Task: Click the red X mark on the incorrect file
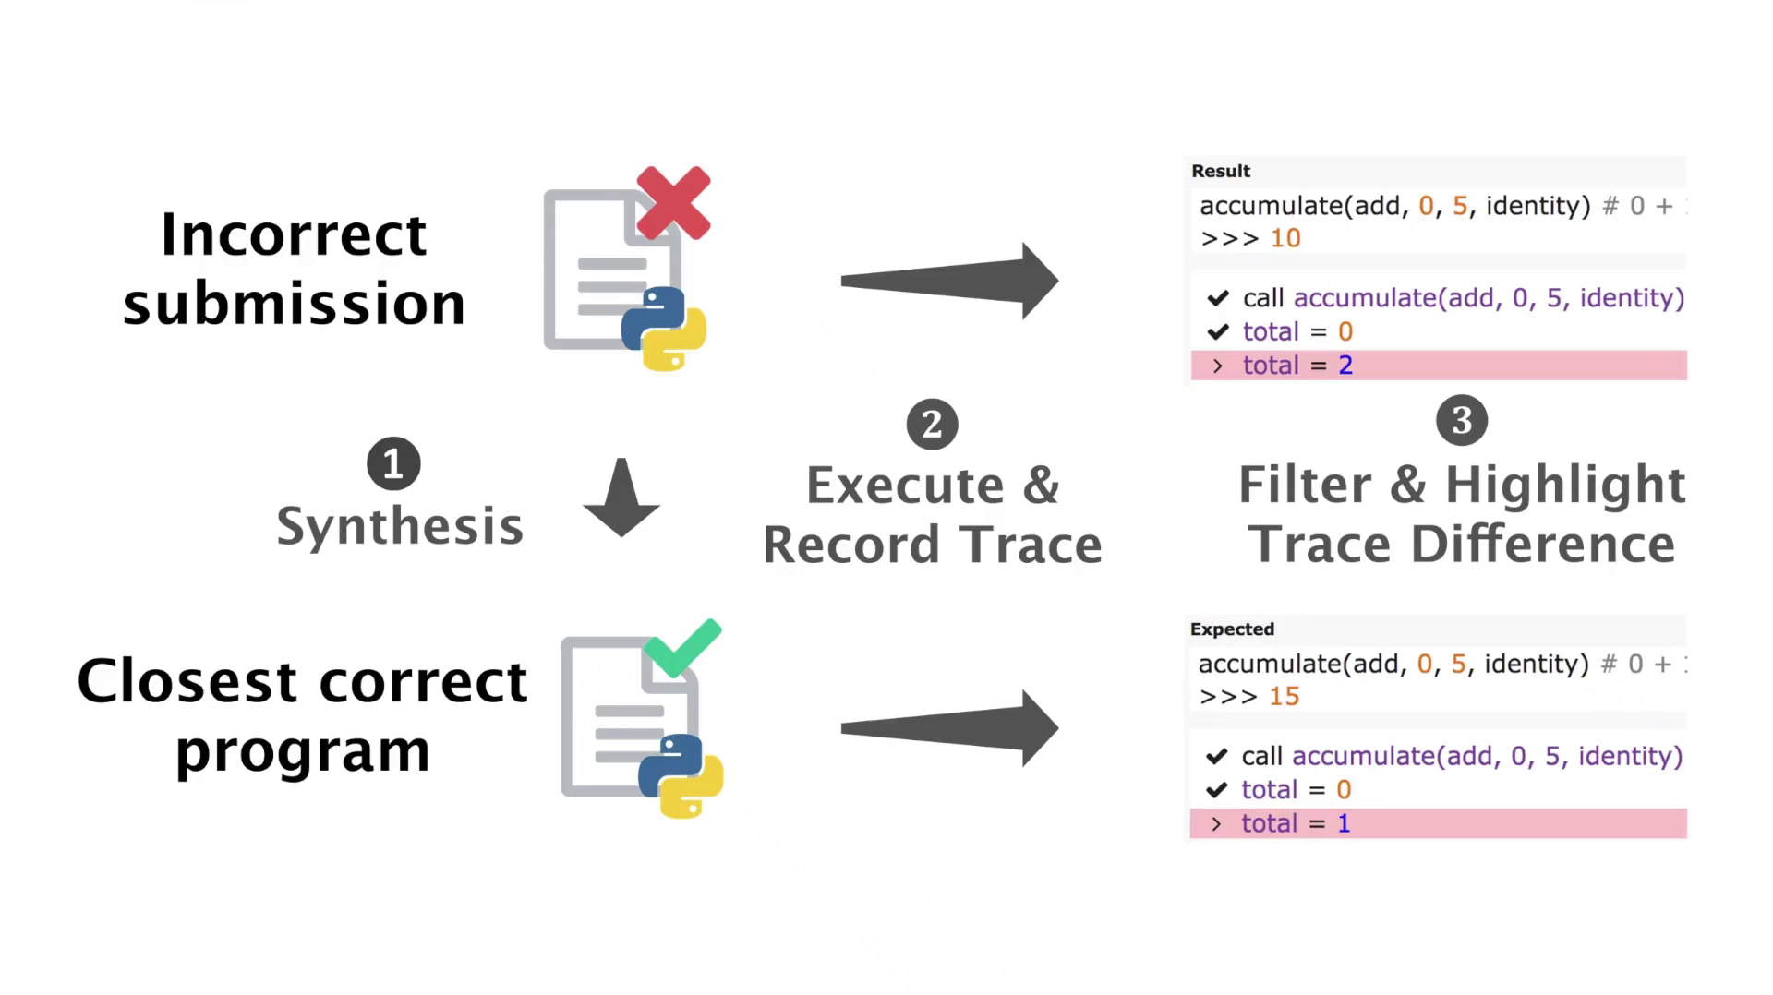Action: (x=673, y=203)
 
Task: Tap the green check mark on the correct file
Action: (x=682, y=649)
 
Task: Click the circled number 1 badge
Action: (x=393, y=463)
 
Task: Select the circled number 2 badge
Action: (x=932, y=425)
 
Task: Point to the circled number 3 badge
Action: (x=1462, y=420)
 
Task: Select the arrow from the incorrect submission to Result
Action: (x=949, y=281)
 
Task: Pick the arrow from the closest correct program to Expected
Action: (x=949, y=728)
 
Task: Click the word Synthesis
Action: (x=400, y=527)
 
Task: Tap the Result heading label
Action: (x=1221, y=171)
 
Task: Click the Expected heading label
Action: (x=1232, y=629)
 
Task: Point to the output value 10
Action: (x=1285, y=238)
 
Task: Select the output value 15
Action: (x=1284, y=696)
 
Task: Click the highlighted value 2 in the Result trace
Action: (x=1345, y=366)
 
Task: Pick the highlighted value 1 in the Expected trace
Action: (x=1344, y=823)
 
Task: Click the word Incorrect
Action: (x=294, y=234)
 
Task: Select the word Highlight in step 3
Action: (x=1565, y=486)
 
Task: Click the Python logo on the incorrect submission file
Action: (x=664, y=329)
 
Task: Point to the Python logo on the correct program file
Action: (x=681, y=776)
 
